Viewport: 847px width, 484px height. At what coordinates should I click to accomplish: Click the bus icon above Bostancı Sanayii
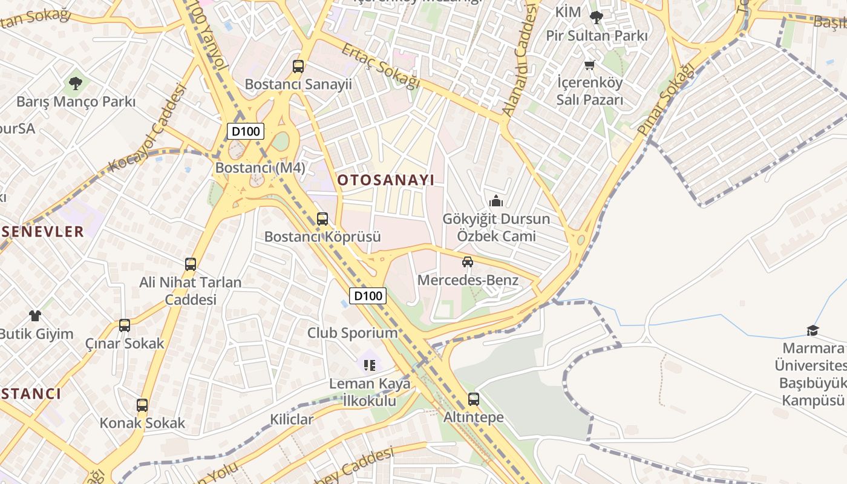click(298, 67)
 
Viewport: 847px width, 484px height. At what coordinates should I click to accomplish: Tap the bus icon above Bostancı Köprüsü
click(322, 219)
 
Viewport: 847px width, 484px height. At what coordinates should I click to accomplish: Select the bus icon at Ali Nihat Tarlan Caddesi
click(191, 264)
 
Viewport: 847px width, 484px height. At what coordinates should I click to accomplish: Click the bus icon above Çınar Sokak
click(125, 325)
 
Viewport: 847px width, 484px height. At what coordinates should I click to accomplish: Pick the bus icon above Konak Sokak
click(142, 405)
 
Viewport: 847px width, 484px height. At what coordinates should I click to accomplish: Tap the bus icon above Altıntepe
click(474, 399)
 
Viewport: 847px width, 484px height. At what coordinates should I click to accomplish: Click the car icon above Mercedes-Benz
click(468, 262)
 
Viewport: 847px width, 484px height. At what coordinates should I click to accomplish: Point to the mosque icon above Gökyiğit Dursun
click(496, 201)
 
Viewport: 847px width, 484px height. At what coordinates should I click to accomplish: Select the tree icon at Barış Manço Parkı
click(76, 83)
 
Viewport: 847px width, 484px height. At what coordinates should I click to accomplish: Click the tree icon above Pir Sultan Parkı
click(597, 18)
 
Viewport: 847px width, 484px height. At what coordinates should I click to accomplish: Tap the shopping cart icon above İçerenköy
click(590, 65)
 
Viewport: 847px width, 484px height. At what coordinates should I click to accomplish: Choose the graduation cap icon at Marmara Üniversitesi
click(813, 330)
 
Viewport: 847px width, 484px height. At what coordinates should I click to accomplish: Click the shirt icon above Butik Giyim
click(35, 315)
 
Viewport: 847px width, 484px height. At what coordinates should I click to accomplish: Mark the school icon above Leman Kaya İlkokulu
click(370, 365)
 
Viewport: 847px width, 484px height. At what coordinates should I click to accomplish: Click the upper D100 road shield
click(246, 131)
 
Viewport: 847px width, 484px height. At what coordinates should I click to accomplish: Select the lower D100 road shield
click(368, 296)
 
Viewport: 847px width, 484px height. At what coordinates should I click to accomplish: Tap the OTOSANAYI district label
click(386, 180)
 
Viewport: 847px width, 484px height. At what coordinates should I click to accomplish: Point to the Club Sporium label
click(352, 333)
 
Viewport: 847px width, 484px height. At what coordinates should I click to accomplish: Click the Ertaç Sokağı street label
click(380, 67)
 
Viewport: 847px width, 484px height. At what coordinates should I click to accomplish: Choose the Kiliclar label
click(292, 419)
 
